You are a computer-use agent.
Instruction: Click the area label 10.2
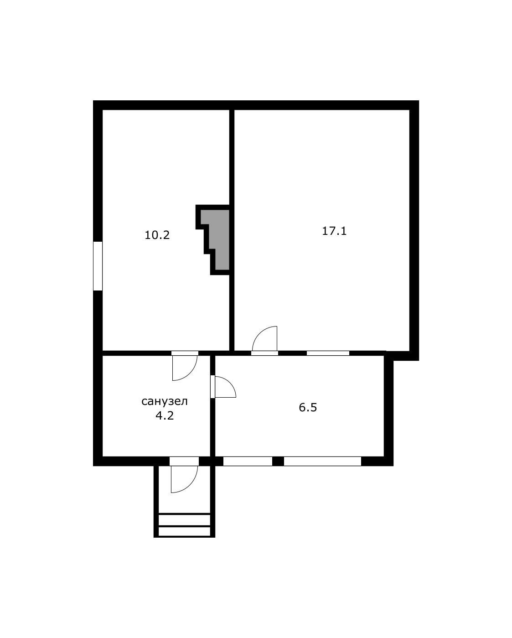157,235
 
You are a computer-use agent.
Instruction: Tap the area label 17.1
334,231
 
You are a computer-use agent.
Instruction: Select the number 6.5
308,407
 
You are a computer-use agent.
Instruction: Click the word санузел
165,401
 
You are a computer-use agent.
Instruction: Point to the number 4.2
165,415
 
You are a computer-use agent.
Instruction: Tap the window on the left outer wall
98,266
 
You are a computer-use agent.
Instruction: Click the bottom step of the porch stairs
184,531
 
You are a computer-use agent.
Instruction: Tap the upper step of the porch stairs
184,520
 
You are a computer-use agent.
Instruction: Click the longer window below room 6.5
322,462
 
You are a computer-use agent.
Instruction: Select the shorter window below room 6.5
248,462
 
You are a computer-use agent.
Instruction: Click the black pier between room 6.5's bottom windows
278,462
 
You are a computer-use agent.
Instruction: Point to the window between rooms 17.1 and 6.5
328,353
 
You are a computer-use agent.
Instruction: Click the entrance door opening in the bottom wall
184,462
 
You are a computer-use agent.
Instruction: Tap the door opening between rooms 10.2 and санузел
185,353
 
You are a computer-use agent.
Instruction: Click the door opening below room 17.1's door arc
265,353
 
